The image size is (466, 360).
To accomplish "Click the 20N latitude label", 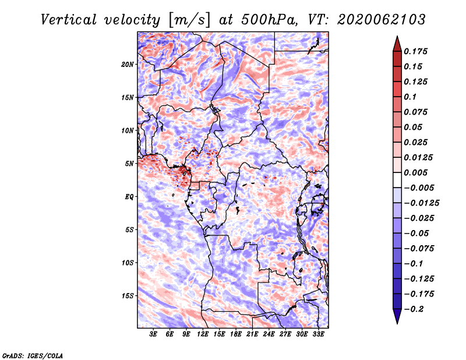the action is click(128, 65).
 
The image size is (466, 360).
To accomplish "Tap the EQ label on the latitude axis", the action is click(129, 197).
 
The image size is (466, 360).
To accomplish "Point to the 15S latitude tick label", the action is click(128, 296).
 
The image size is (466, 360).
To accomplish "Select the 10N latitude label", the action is click(128, 130).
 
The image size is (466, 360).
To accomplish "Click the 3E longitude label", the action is click(153, 334).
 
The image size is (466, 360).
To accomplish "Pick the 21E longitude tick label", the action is click(252, 334).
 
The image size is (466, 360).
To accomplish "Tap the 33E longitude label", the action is click(318, 334).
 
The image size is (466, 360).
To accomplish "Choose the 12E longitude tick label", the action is click(203, 334).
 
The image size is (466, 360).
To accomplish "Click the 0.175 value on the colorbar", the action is click(415, 51).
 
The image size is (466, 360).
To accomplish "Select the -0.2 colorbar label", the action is click(414, 309).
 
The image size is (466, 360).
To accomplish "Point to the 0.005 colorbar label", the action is click(415, 172).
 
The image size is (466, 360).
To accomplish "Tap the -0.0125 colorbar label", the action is click(421, 203).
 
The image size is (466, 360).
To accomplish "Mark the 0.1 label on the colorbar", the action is click(410, 97).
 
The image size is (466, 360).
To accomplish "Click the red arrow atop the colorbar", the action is click(397, 44).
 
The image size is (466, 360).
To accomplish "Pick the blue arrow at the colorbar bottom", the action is click(397, 316).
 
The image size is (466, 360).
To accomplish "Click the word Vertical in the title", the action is click(69, 20).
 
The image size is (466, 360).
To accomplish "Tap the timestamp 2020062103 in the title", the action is click(382, 20).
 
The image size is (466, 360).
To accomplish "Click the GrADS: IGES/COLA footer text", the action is click(33, 355).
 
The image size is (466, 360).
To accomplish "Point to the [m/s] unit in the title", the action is click(190, 20).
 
